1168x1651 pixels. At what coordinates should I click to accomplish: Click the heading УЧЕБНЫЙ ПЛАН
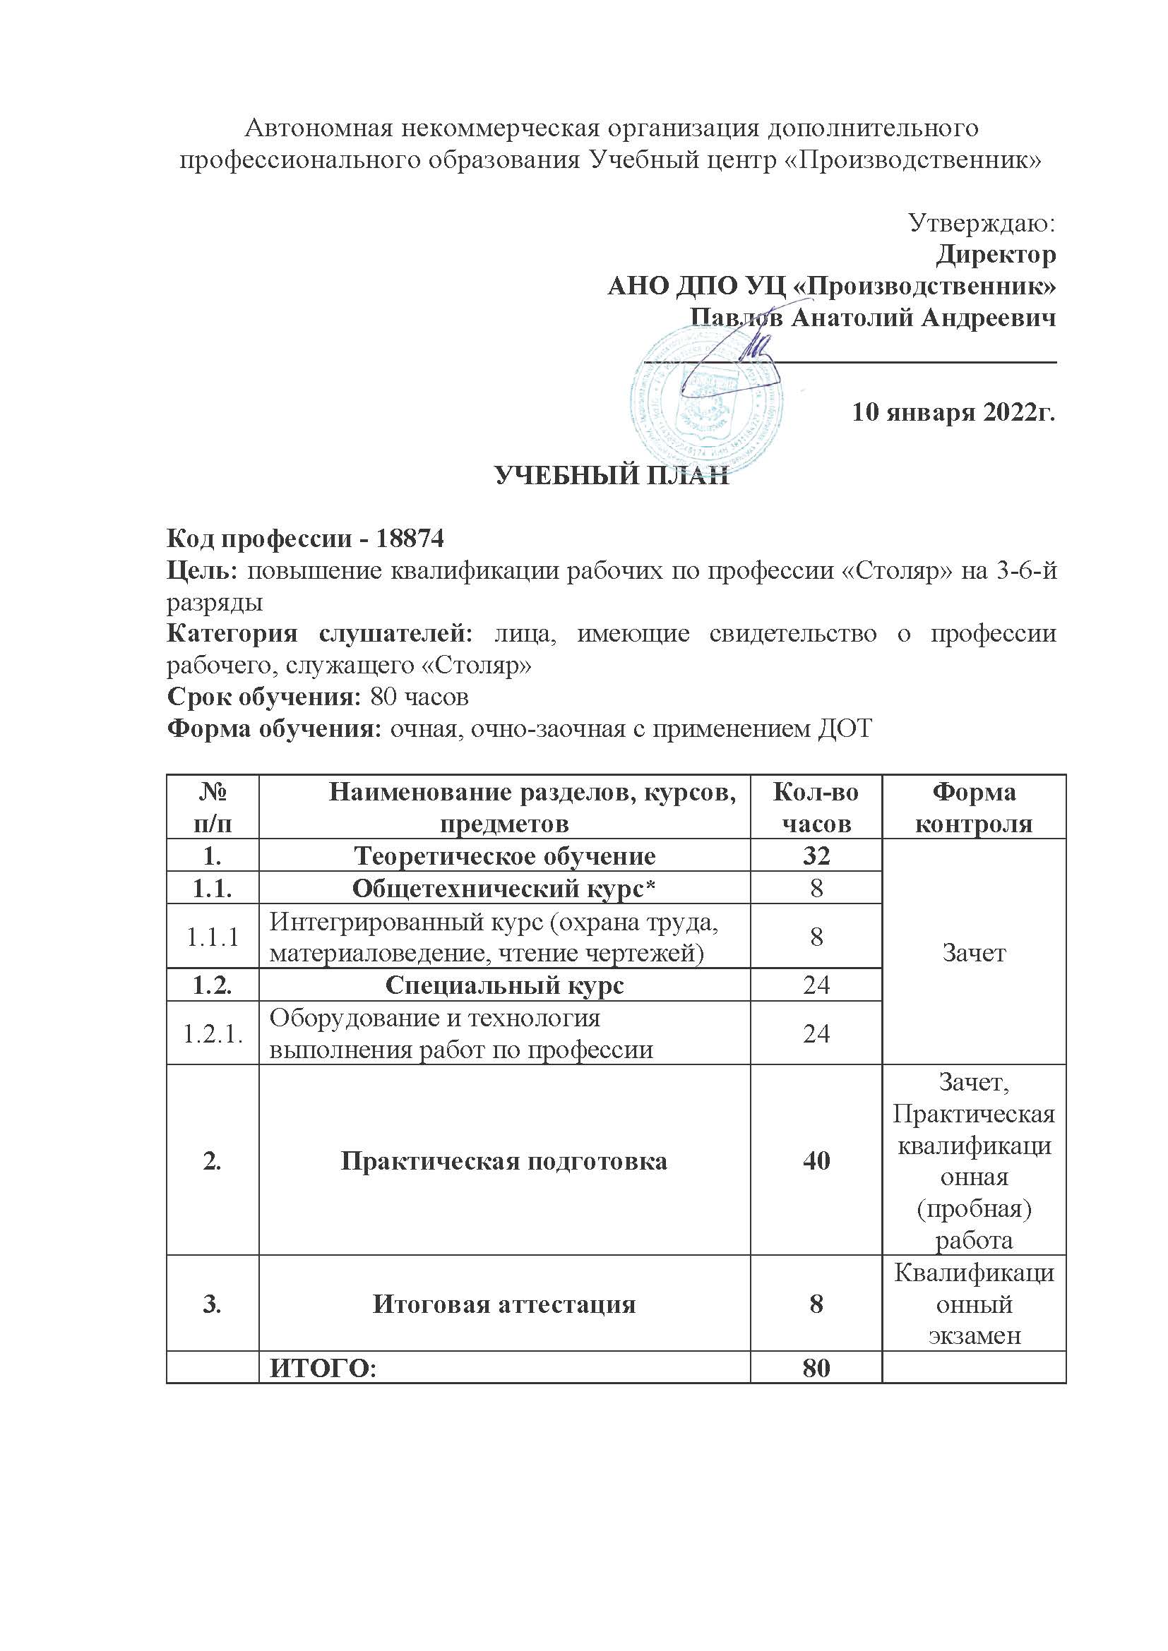tap(612, 476)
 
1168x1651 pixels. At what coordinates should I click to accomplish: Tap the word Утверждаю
tap(982, 224)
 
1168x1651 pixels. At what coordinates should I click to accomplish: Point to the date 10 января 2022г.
tap(953, 413)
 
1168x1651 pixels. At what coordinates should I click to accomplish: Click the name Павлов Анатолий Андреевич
tap(872, 318)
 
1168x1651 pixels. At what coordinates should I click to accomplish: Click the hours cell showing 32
tap(816, 855)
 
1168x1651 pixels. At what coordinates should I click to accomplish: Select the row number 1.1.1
tap(212, 937)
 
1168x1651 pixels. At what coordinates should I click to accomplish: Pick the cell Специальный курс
tap(504, 985)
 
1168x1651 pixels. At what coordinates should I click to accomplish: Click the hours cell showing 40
tap(816, 1160)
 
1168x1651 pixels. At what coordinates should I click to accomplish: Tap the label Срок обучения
tap(263, 697)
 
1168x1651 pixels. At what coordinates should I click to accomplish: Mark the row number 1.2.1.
tap(212, 1033)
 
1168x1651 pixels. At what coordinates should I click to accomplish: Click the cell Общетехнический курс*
tap(504, 889)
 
